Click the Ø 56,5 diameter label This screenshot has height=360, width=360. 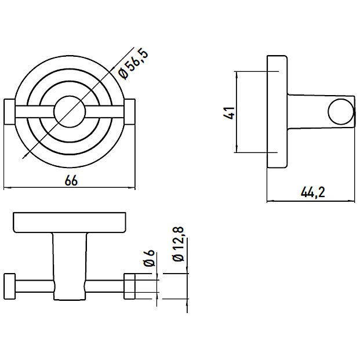133,63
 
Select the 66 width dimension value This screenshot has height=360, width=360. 71,180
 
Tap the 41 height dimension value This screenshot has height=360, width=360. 229,112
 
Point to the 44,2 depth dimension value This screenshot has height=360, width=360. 312,192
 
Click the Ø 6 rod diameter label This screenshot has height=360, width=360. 149,258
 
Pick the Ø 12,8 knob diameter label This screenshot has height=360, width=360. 179,244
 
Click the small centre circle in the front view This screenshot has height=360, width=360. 70,112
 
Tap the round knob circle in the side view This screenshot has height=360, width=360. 341,112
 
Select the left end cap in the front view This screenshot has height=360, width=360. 10,112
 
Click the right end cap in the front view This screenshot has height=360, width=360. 130,112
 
